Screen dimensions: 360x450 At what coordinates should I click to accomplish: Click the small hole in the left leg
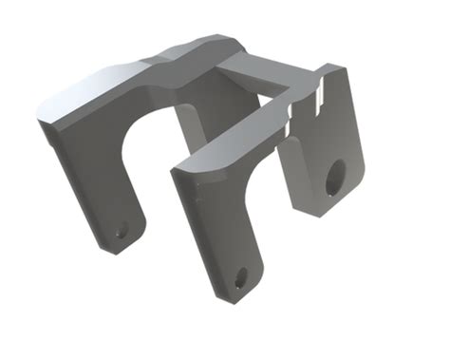coord(121,229)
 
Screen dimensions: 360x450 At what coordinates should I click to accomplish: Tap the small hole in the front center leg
coord(240,277)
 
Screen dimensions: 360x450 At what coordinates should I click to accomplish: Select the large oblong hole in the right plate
coord(335,177)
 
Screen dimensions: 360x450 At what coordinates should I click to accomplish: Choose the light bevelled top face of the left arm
coord(95,90)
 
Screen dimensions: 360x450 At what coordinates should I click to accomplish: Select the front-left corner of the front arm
coord(175,172)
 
